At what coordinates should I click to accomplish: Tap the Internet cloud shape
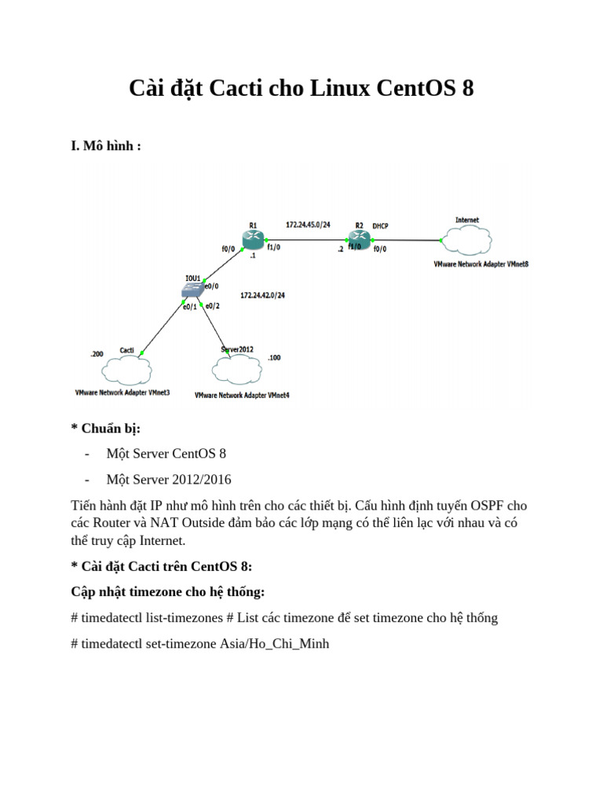point(466,240)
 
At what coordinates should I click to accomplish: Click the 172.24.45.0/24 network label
point(308,225)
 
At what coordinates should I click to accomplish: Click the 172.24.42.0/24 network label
point(262,296)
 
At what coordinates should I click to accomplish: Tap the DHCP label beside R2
point(380,226)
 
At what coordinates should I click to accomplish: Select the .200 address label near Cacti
point(97,354)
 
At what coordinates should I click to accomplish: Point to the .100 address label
point(274,357)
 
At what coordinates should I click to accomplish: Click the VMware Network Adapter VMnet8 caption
point(481,265)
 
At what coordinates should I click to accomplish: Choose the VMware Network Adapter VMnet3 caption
point(122,391)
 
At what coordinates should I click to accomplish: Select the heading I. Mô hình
point(106,146)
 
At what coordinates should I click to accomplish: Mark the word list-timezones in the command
point(181,618)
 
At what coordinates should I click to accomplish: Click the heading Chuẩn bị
point(109,428)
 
